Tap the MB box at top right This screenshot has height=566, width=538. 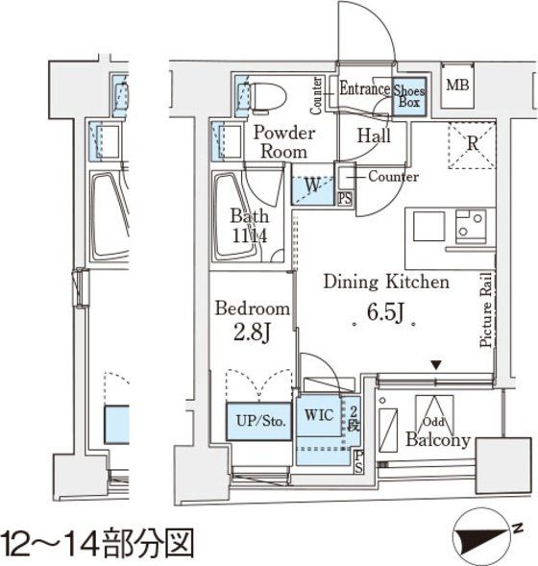click(457, 86)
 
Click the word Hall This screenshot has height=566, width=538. click(374, 136)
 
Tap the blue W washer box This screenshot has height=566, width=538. click(313, 185)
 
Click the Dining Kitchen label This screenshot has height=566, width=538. click(385, 283)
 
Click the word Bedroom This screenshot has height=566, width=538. click(252, 309)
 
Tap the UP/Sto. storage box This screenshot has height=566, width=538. click(258, 421)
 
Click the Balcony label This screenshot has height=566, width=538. click(437, 441)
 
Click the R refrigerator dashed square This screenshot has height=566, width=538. click(472, 144)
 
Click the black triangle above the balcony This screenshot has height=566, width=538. click(436, 364)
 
